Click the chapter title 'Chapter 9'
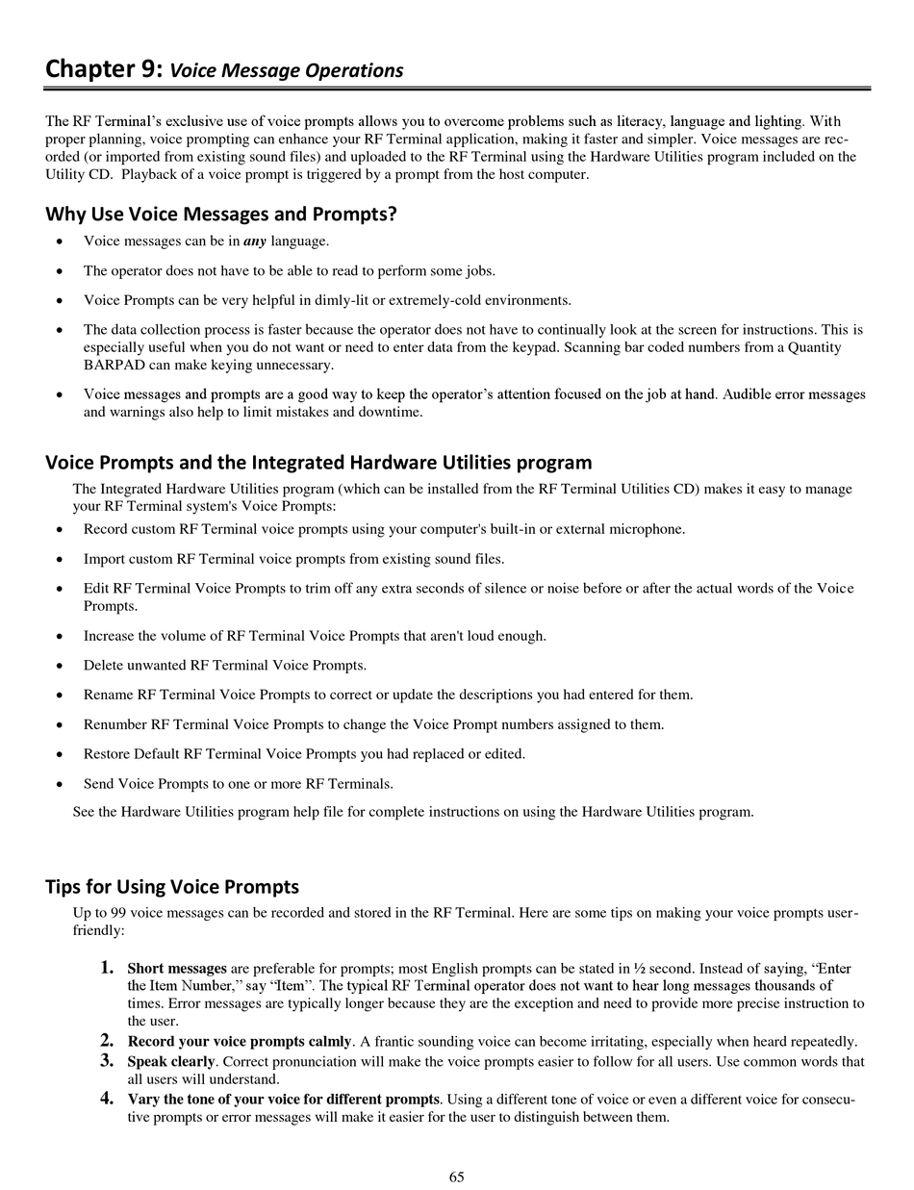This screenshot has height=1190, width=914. [x=104, y=70]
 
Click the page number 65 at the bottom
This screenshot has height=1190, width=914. [x=456, y=1177]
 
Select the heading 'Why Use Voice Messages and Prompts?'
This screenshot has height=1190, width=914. [x=221, y=214]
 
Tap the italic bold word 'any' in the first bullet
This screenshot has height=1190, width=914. [x=255, y=241]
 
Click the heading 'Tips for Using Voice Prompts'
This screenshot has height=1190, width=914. [x=172, y=886]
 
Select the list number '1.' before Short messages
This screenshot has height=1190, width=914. [x=109, y=968]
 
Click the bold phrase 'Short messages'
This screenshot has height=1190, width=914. [x=177, y=969]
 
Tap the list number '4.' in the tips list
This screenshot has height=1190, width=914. [x=109, y=1099]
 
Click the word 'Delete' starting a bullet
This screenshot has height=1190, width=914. [x=105, y=666]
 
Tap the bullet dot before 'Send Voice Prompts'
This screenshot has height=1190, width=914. [x=60, y=784]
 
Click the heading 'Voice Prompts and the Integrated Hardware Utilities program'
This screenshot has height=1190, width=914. [x=318, y=463]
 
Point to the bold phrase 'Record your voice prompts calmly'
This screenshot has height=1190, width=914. [x=240, y=1042]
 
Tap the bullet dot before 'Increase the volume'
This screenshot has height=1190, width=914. [x=60, y=637]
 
